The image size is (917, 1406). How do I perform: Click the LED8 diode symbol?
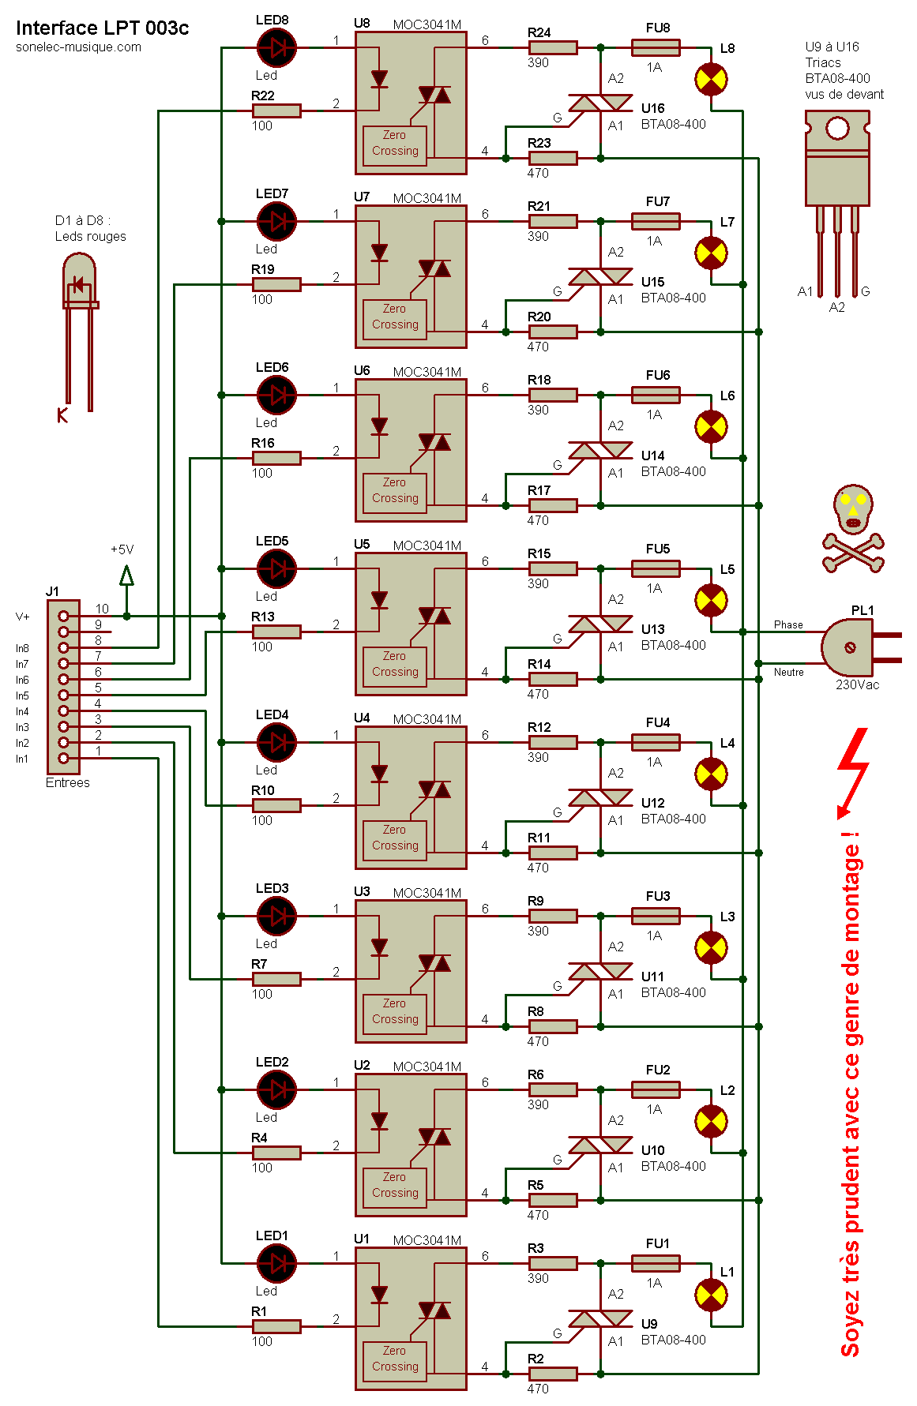click(x=276, y=47)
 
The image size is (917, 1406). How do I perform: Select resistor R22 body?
click(x=276, y=111)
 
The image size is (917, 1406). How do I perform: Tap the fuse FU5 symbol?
click(x=656, y=568)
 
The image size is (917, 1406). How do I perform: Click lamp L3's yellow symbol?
click(x=711, y=947)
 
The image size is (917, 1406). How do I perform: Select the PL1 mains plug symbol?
click(x=853, y=647)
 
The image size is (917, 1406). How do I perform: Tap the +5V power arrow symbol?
click(x=126, y=576)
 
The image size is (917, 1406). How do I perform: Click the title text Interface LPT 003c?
click(x=103, y=28)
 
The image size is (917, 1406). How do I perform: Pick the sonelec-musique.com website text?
click(x=78, y=47)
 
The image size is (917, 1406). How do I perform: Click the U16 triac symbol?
click(x=600, y=103)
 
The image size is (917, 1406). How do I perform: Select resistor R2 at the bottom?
click(x=553, y=1374)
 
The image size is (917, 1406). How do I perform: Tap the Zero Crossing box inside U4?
click(x=395, y=838)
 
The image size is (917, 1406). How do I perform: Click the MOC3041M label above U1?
click(x=427, y=1240)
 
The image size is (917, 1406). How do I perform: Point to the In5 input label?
click(x=22, y=696)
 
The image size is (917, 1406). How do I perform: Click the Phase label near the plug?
click(x=788, y=624)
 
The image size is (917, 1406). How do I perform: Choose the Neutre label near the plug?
click(x=788, y=672)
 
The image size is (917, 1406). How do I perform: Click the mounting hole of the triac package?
click(x=837, y=128)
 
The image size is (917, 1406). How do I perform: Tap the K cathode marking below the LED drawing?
click(x=62, y=415)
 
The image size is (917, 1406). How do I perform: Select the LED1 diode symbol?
click(x=276, y=1263)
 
